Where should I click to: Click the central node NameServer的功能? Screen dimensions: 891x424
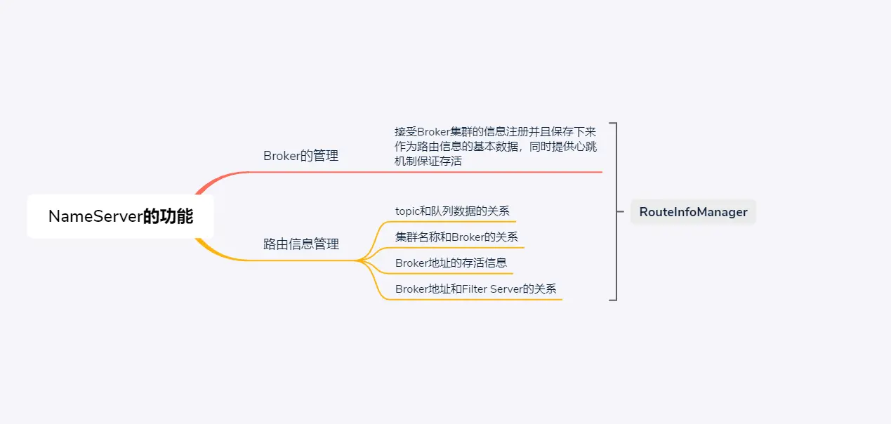tap(120, 216)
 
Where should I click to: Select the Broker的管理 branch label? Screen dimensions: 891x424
tap(301, 156)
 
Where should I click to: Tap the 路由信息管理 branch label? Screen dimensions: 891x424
tap(301, 244)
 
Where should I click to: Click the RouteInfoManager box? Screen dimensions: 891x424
tap(693, 212)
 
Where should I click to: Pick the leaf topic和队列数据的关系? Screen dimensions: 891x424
tap(452, 211)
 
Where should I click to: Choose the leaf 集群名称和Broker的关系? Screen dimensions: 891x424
tap(456, 237)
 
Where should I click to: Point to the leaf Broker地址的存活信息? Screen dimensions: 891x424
tap(451, 263)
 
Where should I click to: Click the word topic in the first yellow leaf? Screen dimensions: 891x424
tap(407, 211)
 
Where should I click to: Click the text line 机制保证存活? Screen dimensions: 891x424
tap(428, 161)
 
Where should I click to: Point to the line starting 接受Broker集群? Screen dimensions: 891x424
tap(496, 132)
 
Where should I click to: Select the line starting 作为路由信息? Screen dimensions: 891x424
tap(496, 146)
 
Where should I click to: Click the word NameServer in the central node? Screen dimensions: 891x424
tap(95, 216)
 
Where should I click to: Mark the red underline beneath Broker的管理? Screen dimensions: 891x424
tap(421, 172)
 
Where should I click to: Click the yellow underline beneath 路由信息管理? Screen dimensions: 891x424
tap(302, 260)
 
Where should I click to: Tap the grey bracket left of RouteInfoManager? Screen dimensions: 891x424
tap(615, 211)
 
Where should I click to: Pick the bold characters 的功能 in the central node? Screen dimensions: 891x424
tap(168, 216)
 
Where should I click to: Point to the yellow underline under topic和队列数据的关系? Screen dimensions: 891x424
tap(449, 222)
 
